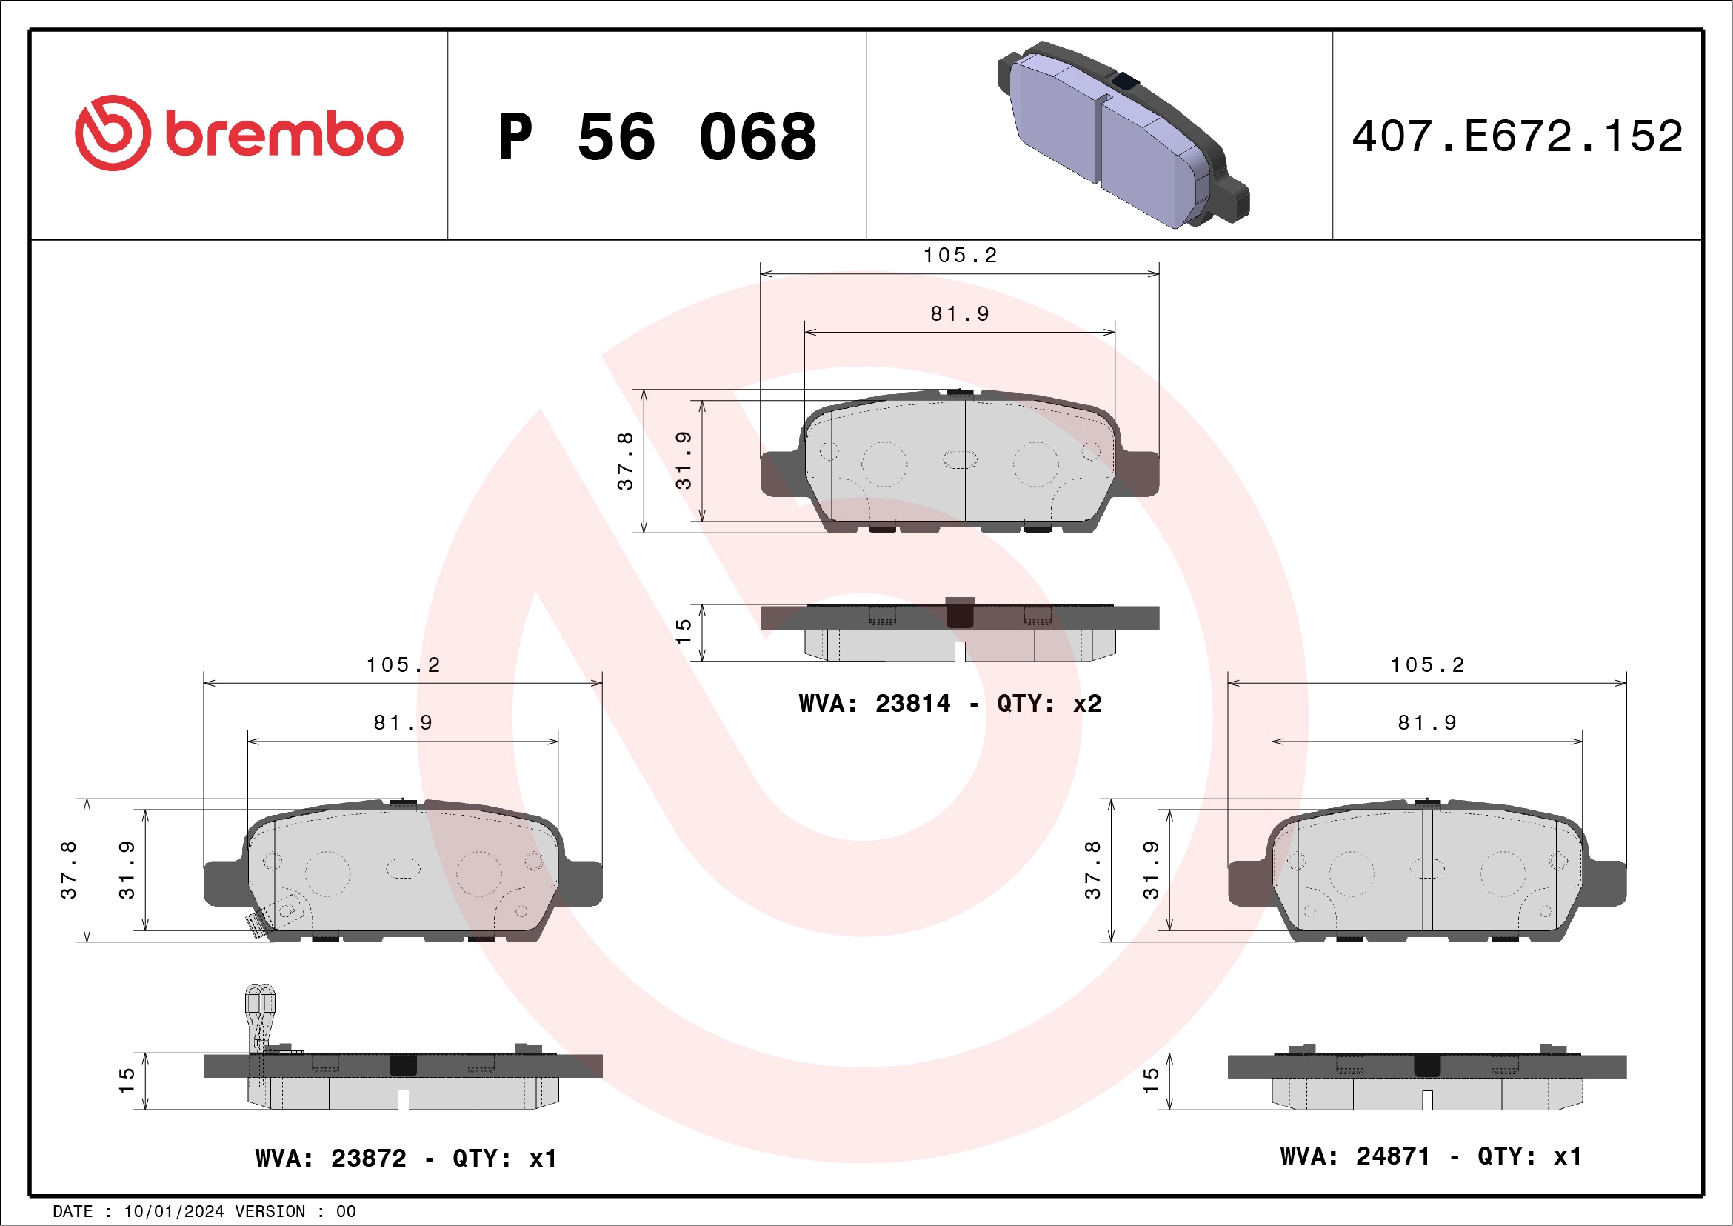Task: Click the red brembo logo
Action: pyautogui.click(x=238, y=133)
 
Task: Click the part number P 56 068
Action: pyautogui.click(x=658, y=137)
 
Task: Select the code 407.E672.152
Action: pyautogui.click(x=1517, y=136)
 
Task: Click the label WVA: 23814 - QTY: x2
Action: pyautogui.click(x=950, y=704)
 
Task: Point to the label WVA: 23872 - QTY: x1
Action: pyautogui.click(x=406, y=1158)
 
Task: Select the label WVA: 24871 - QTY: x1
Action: pyautogui.click(x=1430, y=1156)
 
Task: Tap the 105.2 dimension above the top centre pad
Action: pyautogui.click(x=959, y=256)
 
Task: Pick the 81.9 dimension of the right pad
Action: pyautogui.click(x=1426, y=723)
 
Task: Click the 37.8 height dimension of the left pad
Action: pyautogui.click(x=69, y=870)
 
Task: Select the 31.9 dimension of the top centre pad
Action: pyautogui.click(x=683, y=461)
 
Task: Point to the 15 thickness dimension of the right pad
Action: pyautogui.click(x=1150, y=1080)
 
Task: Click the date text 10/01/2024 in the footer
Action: pyautogui.click(x=173, y=1212)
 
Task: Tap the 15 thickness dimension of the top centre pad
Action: pyautogui.click(x=683, y=631)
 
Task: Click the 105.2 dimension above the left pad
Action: pyautogui.click(x=403, y=665)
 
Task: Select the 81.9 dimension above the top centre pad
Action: pyautogui.click(x=959, y=314)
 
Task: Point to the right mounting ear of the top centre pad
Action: pyautogui.click(x=1139, y=473)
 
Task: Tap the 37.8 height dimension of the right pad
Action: pyautogui.click(x=1092, y=870)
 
